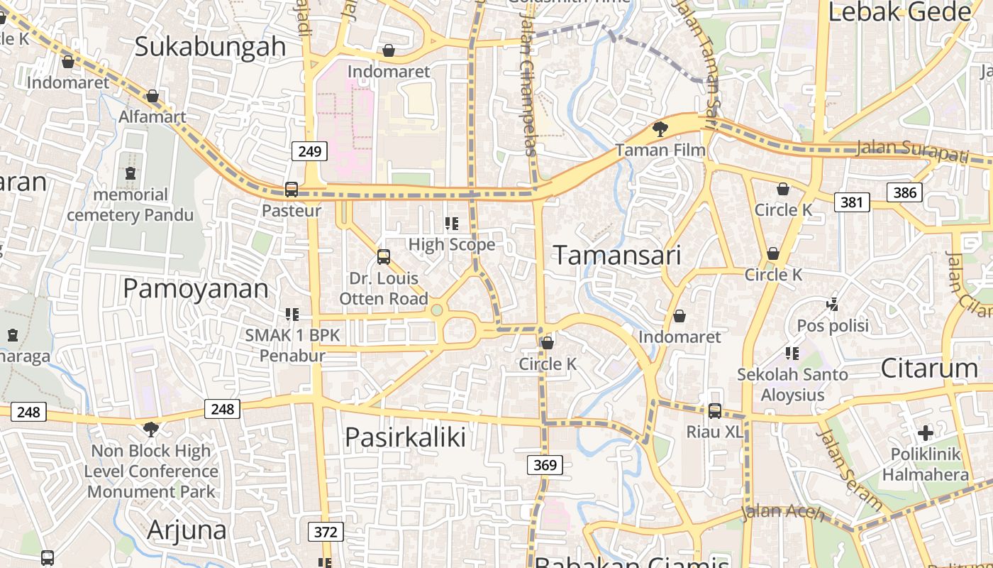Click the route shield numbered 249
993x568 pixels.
tap(310, 151)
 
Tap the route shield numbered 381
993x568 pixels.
tap(851, 202)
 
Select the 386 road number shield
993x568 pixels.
tap(904, 192)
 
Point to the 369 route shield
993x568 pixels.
tap(545, 465)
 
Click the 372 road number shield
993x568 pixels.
tap(326, 532)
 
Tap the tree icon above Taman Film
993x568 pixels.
tap(660, 129)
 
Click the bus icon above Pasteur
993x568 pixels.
tap(291, 190)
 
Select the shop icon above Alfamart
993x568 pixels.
tap(152, 96)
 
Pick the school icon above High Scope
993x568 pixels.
tap(451, 224)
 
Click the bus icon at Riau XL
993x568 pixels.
tap(714, 411)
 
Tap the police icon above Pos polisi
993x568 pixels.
tap(832, 305)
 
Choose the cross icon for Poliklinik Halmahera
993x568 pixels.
tap(925, 432)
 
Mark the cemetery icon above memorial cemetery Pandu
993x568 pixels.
tap(131, 173)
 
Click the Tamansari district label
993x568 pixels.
tap(616, 255)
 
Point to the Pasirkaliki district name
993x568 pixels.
tap(405, 437)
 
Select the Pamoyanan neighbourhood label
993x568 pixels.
tap(196, 289)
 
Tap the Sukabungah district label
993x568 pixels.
tap(210, 47)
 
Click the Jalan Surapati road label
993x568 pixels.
tap(911, 150)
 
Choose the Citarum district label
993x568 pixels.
tap(929, 368)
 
